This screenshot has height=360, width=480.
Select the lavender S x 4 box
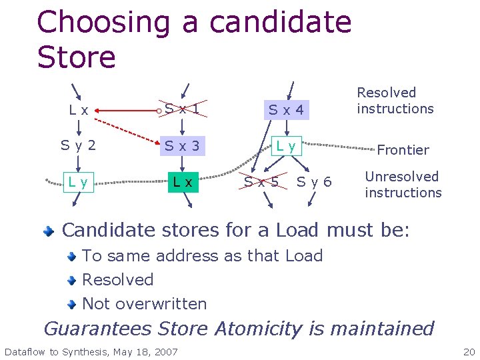pos(286,110)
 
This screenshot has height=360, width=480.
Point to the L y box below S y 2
pos(79,182)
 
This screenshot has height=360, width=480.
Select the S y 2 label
pos(79,145)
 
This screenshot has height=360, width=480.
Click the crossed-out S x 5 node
pos(261,181)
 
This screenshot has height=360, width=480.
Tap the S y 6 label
pos(314,181)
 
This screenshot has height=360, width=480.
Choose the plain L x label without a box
pos(79,110)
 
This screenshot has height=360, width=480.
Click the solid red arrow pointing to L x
pos(127,107)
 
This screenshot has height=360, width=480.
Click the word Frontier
pos(403,150)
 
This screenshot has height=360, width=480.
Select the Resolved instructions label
pos(395,101)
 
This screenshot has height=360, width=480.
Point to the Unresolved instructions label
pos(403,185)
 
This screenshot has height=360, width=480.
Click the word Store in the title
pos(76,57)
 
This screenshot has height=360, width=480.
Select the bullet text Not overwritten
pos(144,304)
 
